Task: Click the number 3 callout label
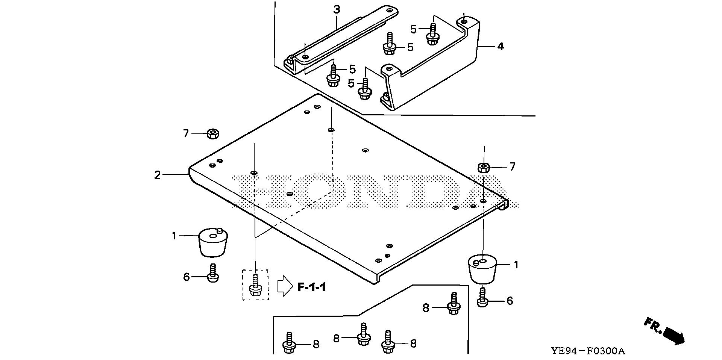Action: (337, 10)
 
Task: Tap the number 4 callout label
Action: (500, 47)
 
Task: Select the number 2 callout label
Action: (158, 175)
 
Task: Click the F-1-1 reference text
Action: (311, 287)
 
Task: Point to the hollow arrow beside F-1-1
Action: (285, 286)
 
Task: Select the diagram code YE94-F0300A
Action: (588, 351)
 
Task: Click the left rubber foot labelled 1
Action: (214, 242)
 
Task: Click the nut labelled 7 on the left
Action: (213, 133)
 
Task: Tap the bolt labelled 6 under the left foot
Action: (213, 274)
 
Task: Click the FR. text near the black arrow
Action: (653, 325)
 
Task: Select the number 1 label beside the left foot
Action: (174, 236)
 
